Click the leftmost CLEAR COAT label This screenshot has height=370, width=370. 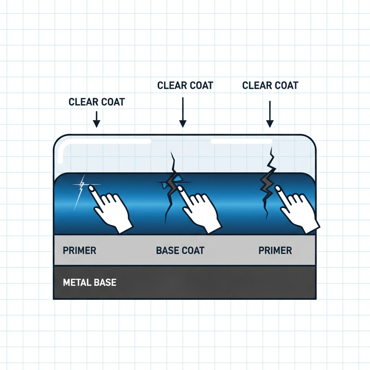(x=96, y=102)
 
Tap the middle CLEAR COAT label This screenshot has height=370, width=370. (x=185, y=86)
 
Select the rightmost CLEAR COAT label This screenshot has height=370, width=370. (x=270, y=86)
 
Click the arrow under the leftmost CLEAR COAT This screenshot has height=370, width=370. (x=96, y=119)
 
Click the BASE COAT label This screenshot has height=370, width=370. (x=180, y=250)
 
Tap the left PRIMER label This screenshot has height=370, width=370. (x=79, y=250)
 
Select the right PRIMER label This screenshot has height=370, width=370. (x=275, y=250)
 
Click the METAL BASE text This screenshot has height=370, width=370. (x=90, y=282)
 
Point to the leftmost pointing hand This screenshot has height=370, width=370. (x=110, y=208)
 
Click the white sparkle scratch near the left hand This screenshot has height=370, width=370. (x=81, y=188)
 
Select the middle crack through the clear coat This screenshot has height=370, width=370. (x=172, y=181)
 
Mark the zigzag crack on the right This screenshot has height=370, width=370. (x=267, y=181)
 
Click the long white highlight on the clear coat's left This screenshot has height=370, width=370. (x=108, y=142)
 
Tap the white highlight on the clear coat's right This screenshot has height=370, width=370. (x=241, y=141)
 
